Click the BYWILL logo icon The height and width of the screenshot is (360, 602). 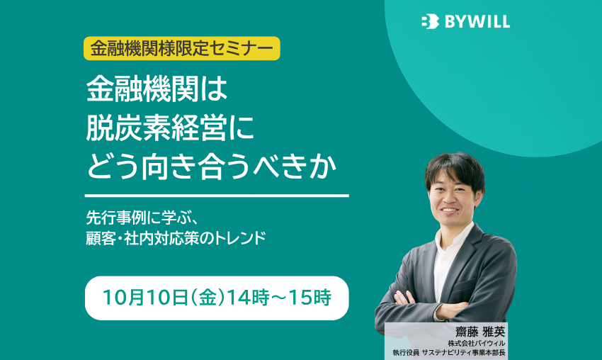429,22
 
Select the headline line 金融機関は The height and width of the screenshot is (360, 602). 154,91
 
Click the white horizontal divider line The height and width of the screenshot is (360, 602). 217,196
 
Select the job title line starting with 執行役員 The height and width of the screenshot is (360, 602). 450,352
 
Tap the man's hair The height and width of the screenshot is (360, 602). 453,169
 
